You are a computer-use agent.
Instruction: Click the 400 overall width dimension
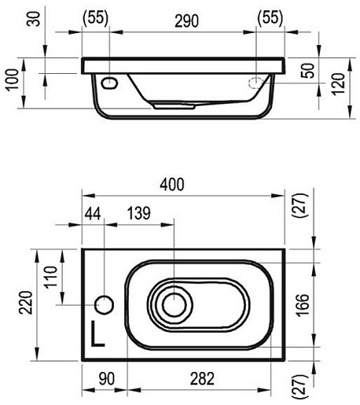click(x=172, y=184)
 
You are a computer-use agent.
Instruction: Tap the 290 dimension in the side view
click(x=186, y=21)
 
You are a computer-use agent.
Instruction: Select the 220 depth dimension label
click(x=26, y=302)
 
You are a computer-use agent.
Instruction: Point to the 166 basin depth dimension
click(x=303, y=305)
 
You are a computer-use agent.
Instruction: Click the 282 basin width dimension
click(x=202, y=378)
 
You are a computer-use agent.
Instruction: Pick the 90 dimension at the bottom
click(x=107, y=378)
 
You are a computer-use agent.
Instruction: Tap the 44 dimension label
click(x=93, y=214)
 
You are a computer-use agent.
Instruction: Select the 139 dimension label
click(x=139, y=213)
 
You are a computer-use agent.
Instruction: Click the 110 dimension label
click(x=50, y=277)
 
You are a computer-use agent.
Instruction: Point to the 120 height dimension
click(x=338, y=84)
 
